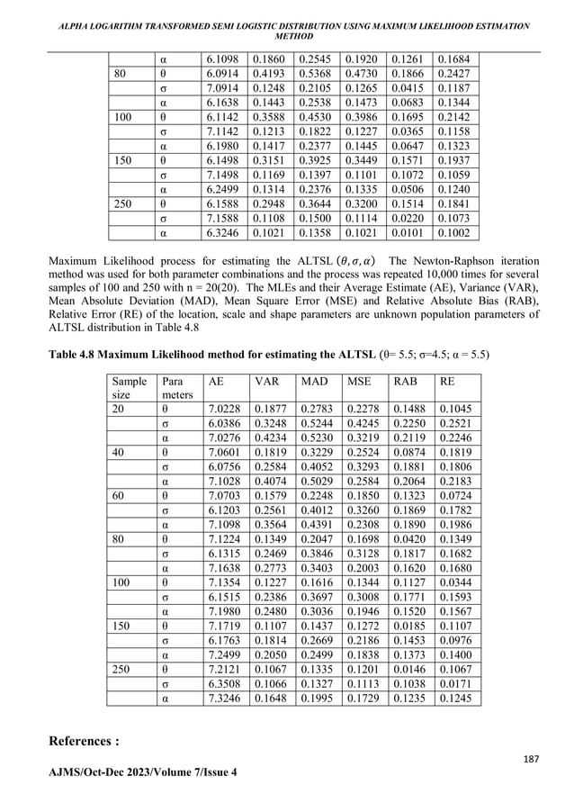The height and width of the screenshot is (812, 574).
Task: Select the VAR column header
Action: [x=266, y=382]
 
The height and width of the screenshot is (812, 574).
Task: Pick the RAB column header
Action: [x=398, y=382]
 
